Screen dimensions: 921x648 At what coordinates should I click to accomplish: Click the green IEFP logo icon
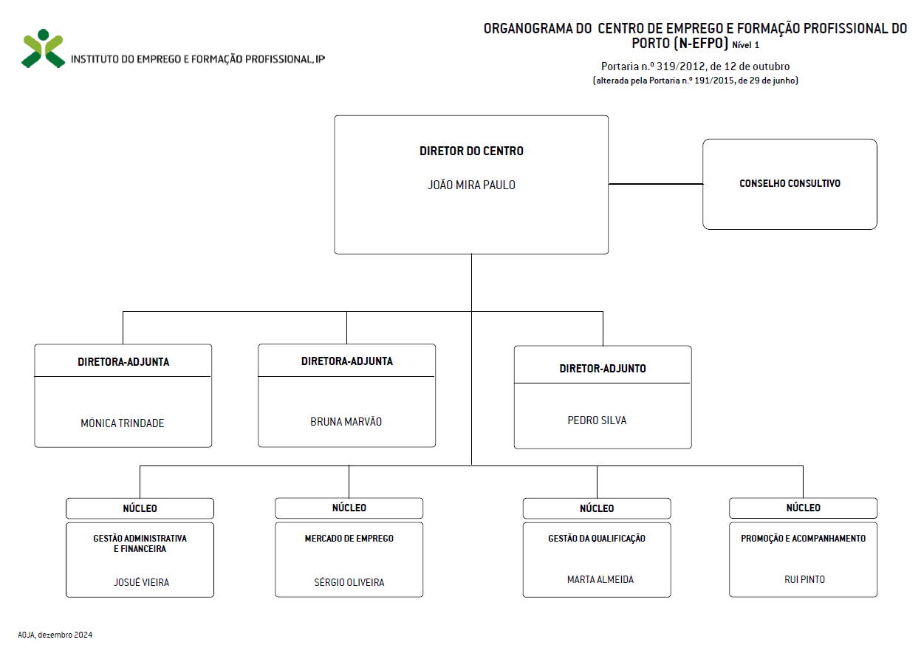pos(43,49)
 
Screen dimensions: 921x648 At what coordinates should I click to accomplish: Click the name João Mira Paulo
pos(471,185)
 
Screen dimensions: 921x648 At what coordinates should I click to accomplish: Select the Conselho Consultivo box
pos(790,184)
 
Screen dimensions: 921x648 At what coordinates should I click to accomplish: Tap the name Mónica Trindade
pos(122,423)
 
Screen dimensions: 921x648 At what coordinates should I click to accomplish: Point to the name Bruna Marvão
pos(346,422)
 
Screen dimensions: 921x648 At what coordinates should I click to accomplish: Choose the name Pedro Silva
pos(597,420)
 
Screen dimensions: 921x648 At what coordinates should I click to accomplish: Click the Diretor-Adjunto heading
pos(603,369)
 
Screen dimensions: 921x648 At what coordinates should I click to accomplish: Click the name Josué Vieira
pos(142,582)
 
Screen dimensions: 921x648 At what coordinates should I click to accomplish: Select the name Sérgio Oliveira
pos(349,582)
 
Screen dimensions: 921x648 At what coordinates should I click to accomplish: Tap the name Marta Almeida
pos(600,579)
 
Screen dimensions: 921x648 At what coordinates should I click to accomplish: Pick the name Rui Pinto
pos(804,579)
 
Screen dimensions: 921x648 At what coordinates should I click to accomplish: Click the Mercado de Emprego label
pos(349,538)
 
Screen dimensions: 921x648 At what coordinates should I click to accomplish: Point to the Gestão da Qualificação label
pos(597,538)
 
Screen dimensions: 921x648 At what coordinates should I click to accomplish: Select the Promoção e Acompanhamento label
pos(803,538)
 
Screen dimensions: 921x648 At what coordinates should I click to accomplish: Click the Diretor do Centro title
pos(471,151)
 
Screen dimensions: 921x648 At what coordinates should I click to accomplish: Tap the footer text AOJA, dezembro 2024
pos(55,635)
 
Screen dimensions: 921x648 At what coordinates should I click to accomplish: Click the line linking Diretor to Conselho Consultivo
pos(655,184)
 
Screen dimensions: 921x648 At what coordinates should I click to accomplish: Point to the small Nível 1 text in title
pos(745,45)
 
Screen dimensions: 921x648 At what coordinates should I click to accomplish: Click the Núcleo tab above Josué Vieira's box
pos(140,508)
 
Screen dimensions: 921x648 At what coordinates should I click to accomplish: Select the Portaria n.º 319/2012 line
pos(695,66)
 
